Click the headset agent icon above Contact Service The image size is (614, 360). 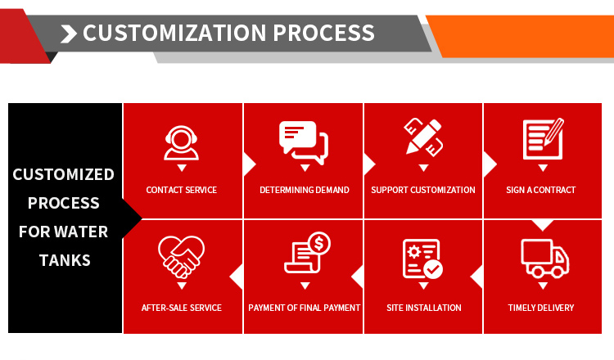(x=181, y=143)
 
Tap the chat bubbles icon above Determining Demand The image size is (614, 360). (x=304, y=142)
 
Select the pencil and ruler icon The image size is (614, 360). (x=423, y=137)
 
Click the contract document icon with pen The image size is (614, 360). (x=544, y=138)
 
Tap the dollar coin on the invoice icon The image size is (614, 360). (x=319, y=243)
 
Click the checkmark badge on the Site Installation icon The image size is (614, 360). (x=433, y=269)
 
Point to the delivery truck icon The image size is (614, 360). (x=544, y=259)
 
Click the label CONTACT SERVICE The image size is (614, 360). (x=181, y=190)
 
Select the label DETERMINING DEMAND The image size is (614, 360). (x=305, y=190)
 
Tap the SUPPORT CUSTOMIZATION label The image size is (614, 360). (x=423, y=190)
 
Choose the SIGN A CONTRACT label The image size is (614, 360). (x=541, y=190)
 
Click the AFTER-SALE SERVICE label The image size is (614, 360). (x=181, y=308)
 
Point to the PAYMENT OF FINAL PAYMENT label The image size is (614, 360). (x=305, y=308)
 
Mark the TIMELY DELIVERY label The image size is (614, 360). (x=541, y=308)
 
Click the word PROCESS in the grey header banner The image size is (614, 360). (x=324, y=33)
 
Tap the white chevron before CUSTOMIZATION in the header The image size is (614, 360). (x=69, y=34)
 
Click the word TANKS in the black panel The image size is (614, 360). (x=65, y=261)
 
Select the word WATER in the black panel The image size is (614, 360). (x=81, y=232)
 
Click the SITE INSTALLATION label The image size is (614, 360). (x=424, y=308)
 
